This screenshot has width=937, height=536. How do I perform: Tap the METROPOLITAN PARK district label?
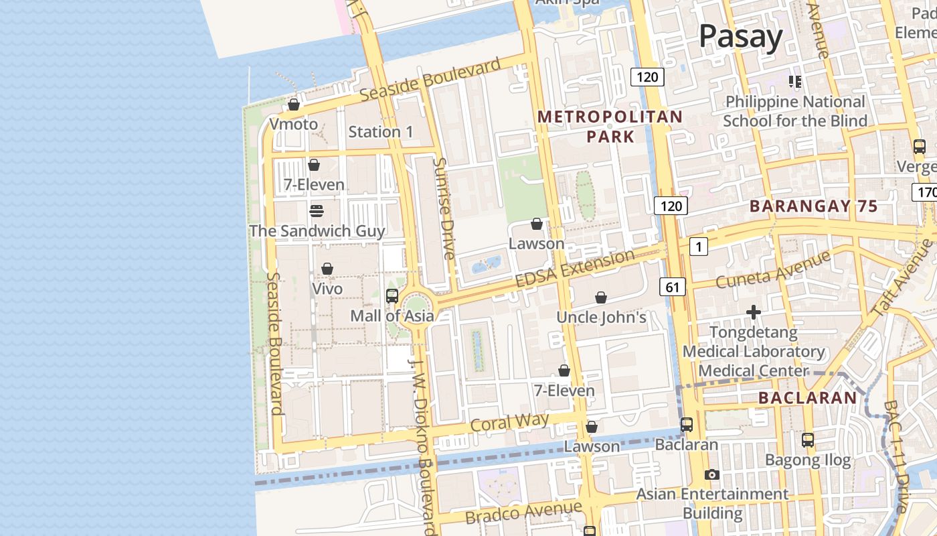[610, 127]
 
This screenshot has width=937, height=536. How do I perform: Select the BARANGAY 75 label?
[813, 206]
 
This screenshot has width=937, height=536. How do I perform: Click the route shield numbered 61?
[673, 287]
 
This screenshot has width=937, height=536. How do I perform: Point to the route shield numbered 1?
[698, 247]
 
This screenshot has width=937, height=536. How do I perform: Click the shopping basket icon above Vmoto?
[293, 105]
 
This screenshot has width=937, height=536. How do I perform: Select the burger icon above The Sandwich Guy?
[317, 211]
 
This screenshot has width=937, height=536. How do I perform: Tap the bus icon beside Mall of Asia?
[392, 295]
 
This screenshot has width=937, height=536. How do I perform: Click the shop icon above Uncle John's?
[601, 297]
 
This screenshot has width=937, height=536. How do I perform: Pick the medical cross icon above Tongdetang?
[754, 312]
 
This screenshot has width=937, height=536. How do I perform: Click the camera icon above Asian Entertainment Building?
[712, 474]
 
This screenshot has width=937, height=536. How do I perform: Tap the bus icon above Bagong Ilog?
[808, 440]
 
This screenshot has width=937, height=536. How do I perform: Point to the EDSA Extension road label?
[575, 268]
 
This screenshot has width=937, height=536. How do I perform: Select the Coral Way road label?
[509, 423]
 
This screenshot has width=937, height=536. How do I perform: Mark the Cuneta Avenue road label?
[773, 269]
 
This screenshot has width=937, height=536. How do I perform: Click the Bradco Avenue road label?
[523, 513]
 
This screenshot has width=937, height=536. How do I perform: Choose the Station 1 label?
[381, 132]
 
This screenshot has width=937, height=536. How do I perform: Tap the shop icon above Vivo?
[327, 269]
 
